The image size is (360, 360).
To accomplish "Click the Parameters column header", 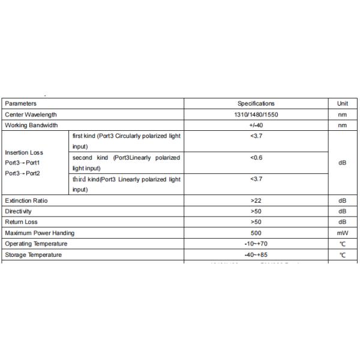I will (20, 104).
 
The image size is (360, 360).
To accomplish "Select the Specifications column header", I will (256, 104).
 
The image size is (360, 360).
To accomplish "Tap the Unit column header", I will (343, 104).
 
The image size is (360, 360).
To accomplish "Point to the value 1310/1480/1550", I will (256, 115).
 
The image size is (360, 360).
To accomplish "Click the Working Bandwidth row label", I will (31, 125).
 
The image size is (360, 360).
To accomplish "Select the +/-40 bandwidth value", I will (256, 125).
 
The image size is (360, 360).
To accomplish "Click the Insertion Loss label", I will (24, 152).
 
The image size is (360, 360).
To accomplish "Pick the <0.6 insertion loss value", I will (256, 158).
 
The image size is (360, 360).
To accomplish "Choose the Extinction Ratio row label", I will (26, 200).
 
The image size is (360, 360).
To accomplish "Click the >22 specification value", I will (256, 200).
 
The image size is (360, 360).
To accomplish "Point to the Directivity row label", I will (19, 211).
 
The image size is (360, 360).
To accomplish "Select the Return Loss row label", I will (21, 222).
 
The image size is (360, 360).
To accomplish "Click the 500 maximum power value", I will (256, 233).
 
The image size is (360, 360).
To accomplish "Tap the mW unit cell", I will (343, 233).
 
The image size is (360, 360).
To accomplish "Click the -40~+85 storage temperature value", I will (256, 255).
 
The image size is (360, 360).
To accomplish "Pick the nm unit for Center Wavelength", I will (343, 115).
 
